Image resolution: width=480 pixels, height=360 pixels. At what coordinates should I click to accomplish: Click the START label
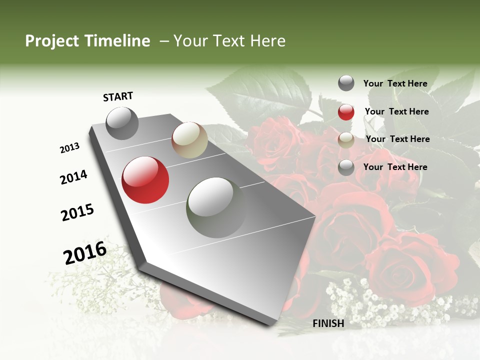click(118, 96)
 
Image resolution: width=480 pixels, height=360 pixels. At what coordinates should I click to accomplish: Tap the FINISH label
click(328, 323)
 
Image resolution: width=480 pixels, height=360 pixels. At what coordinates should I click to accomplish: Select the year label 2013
click(69, 148)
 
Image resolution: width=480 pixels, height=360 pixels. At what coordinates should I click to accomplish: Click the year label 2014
click(73, 177)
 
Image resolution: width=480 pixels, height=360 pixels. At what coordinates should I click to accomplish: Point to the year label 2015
click(77, 212)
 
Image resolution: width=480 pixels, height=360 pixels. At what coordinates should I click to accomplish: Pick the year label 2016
click(85, 252)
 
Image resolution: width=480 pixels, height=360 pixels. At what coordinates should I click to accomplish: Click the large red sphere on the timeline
click(145, 180)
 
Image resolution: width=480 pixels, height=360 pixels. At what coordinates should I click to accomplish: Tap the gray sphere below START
click(122, 123)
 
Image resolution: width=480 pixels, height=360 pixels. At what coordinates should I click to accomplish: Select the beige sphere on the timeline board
click(189, 140)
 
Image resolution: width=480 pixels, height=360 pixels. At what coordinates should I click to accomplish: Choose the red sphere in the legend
click(346, 112)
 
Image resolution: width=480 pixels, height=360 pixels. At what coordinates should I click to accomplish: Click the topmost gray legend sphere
click(346, 83)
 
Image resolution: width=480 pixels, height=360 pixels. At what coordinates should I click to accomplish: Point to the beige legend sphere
click(346, 140)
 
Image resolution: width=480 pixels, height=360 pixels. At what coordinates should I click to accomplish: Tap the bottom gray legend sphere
click(346, 167)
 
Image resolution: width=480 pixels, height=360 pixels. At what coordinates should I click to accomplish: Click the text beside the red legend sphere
click(396, 111)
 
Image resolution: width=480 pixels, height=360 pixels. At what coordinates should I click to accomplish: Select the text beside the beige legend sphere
click(397, 139)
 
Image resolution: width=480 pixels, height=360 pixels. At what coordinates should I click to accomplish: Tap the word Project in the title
click(52, 41)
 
